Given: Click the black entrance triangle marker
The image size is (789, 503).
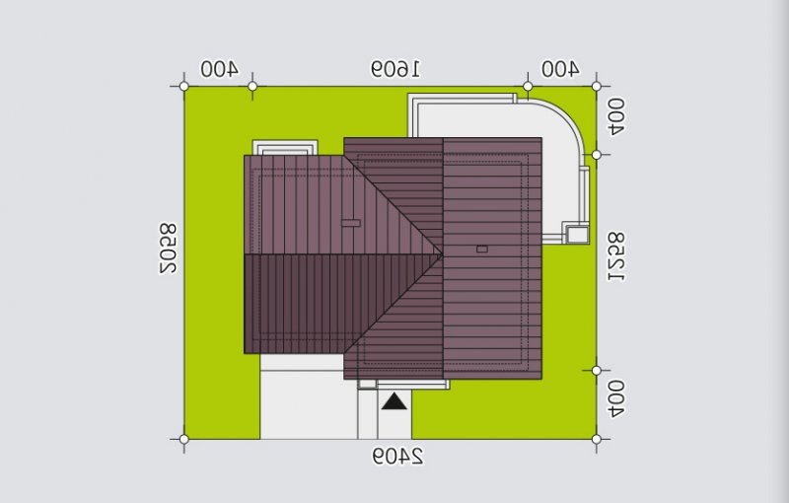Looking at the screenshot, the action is pyautogui.click(x=394, y=401).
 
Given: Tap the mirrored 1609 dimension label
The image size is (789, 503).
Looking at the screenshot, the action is pyautogui.click(x=395, y=69).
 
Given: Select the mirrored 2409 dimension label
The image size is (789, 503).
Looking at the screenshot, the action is pyautogui.click(x=398, y=457).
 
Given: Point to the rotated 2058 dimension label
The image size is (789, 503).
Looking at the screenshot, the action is pyautogui.click(x=168, y=249).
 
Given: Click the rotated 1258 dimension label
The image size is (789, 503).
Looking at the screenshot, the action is pyautogui.click(x=615, y=256).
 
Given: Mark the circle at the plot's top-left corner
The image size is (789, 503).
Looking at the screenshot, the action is pyautogui.click(x=184, y=87).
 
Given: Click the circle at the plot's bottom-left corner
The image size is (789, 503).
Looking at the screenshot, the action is pyautogui.click(x=184, y=439).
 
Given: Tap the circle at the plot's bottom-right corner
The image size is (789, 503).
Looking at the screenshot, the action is pyautogui.click(x=597, y=439).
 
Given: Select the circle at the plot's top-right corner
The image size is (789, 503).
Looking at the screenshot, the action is pyautogui.click(x=597, y=87).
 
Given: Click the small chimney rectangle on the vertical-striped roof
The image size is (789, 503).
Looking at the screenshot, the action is pyautogui.click(x=351, y=223).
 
